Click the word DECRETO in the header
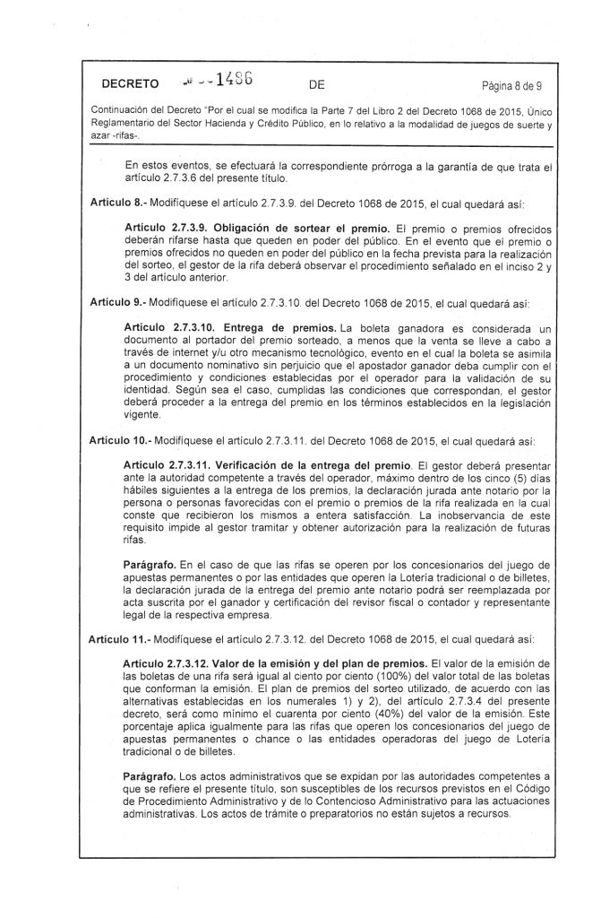tap(130, 86)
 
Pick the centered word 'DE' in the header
tap(315, 86)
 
